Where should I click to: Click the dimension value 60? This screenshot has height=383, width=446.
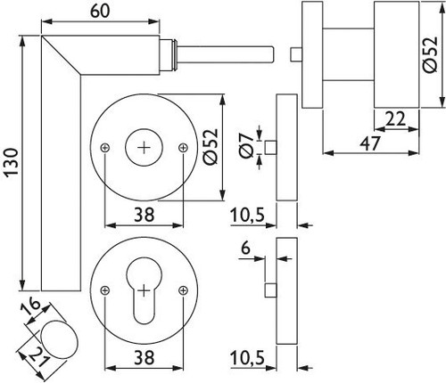(100, 12)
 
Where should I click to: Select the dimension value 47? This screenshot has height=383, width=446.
(369, 143)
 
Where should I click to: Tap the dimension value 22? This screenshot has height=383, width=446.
(395, 118)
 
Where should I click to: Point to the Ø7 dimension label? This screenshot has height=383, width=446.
(247, 147)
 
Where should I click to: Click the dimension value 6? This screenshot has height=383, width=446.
(245, 248)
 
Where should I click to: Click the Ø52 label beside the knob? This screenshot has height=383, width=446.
(431, 54)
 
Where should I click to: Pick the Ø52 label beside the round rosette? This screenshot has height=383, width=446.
(211, 147)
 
